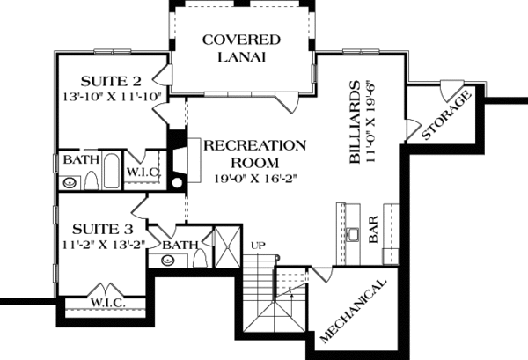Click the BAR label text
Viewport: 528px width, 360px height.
(x=373, y=231)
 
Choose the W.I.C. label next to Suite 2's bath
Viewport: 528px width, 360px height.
(x=142, y=169)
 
